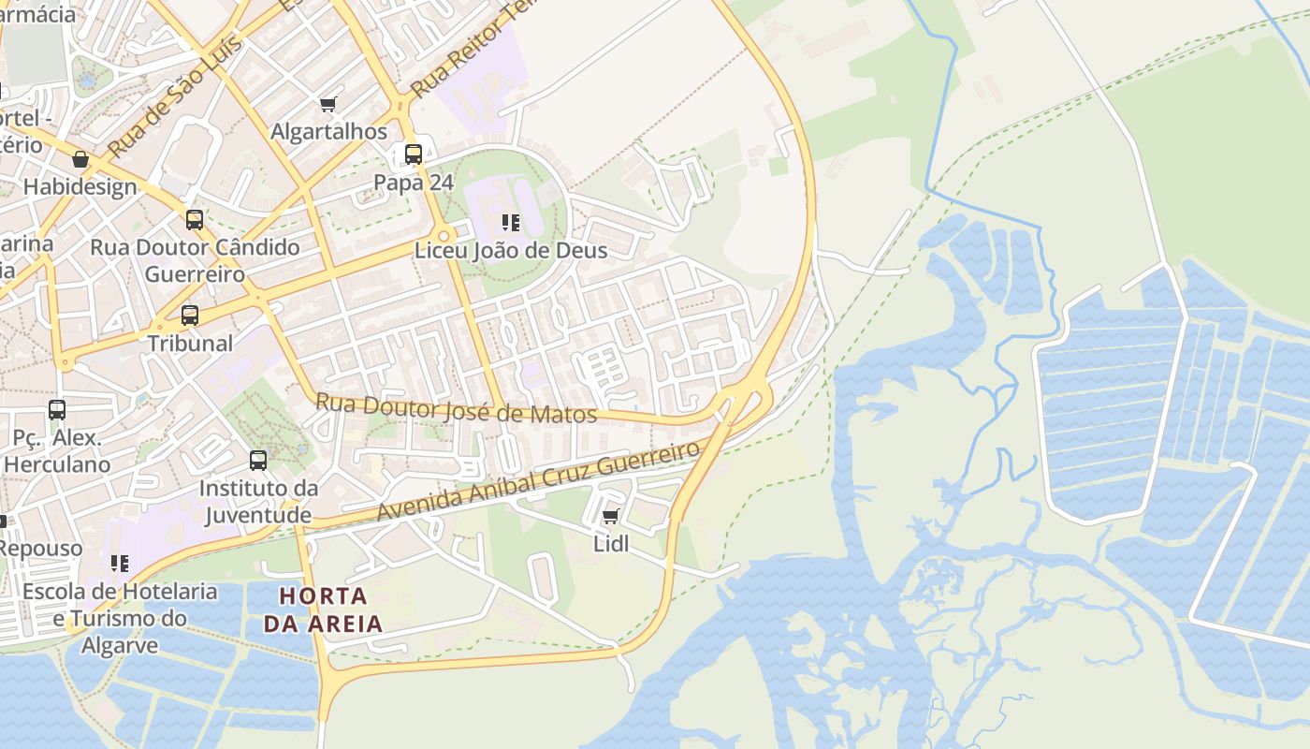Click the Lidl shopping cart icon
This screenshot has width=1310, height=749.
tap(611, 516)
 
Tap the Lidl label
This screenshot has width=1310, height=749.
tap(611, 544)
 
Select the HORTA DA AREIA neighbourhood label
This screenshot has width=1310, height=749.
tap(323, 609)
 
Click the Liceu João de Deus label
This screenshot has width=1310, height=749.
tap(511, 250)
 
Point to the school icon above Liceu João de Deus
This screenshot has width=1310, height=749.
tap(511, 223)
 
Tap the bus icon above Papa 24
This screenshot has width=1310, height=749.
tap(414, 154)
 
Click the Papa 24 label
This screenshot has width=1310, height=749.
tap(414, 183)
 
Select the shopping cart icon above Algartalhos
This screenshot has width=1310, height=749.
tap(327, 104)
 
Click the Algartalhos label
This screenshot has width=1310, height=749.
tap(328, 132)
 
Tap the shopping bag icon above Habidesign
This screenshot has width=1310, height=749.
tap(80, 159)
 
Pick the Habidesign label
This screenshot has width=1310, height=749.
tap(80, 187)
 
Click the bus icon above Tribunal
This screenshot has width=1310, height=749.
tap(190, 316)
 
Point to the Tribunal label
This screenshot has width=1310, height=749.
tap(191, 343)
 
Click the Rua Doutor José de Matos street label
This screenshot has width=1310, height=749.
tap(456, 408)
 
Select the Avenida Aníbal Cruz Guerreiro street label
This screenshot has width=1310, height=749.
tap(538, 482)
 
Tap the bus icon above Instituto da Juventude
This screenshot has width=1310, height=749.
tap(258, 461)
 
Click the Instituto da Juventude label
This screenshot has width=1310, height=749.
tap(258, 502)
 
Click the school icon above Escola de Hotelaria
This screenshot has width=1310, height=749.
tap(120, 564)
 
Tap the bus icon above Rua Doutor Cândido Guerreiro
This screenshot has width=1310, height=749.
tap(195, 220)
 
